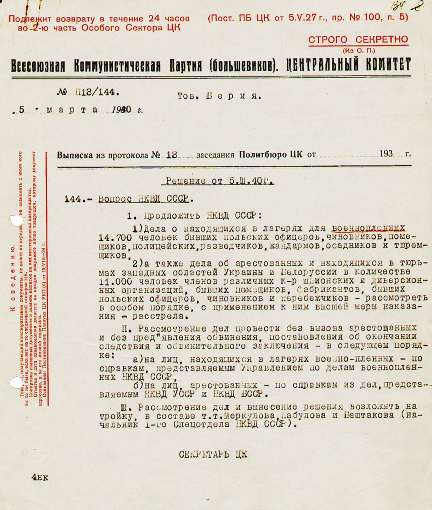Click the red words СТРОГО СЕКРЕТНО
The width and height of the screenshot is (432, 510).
tap(358, 40)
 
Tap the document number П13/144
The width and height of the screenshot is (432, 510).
tap(97, 92)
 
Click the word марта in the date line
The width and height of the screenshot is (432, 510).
tap(72, 110)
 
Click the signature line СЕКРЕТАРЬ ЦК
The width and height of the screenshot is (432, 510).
tap(213, 454)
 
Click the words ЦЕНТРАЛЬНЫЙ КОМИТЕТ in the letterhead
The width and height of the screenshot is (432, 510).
tap(348, 65)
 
